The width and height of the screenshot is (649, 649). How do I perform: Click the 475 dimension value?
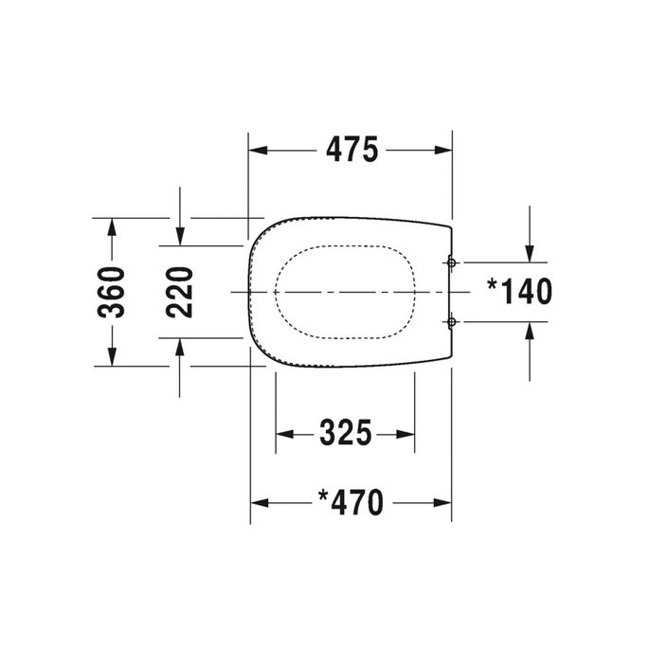[352, 150]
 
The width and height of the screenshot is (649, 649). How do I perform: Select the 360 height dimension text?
[112, 292]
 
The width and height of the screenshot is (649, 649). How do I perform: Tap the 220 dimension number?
[180, 292]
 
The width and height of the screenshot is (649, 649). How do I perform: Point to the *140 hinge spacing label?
[518, 292]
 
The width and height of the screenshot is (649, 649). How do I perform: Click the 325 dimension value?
[345, 434]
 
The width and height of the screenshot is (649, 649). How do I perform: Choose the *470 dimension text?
[351, 502]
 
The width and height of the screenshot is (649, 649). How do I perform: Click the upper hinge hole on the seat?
[452, 261]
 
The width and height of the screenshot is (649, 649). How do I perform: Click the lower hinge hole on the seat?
[452, 323]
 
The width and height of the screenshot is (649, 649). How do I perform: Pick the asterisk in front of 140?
[492, 284]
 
